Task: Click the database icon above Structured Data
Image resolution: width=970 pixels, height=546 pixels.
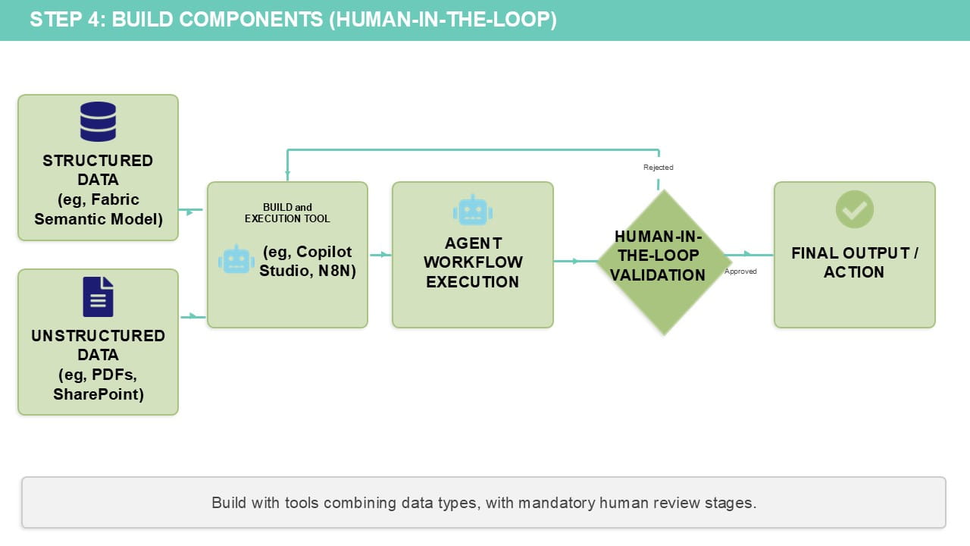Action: click(x=98, y=121)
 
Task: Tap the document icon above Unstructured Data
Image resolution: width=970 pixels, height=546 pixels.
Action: click(x=98, y=297)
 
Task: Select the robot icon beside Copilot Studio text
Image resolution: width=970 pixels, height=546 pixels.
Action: click(x=236, y=260)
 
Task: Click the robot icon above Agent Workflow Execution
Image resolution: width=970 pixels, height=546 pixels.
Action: click(x=472, y=210)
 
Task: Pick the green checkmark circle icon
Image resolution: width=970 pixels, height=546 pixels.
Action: click(x=854, y=209)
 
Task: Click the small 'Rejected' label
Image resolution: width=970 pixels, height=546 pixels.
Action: click(x=658, y=167)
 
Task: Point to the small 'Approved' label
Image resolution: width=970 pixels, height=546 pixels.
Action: click(x=740, y=271)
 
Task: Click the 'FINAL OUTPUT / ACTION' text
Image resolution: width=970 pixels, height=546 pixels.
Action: click(x=854, y=262)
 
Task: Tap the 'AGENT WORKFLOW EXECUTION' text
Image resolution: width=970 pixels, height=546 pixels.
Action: click(x=472, y=262)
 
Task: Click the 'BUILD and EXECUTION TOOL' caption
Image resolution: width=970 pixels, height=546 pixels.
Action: click(x=287, y=213)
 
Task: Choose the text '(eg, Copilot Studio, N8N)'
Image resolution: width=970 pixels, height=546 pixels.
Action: click(x=307, y=261)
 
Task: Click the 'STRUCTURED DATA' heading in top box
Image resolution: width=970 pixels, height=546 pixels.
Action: click(x=98, y=170)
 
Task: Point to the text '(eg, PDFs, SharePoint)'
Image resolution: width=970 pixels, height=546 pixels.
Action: click(x=98, y=384)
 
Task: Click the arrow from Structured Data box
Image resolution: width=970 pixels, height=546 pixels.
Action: click(x=192, y=210)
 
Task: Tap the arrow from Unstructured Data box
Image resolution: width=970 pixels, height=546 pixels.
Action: click(x=193, y=316)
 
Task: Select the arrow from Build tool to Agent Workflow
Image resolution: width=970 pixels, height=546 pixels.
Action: click(x=380, y=255)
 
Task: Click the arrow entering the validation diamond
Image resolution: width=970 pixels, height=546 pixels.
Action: click(x=574, y=261)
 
